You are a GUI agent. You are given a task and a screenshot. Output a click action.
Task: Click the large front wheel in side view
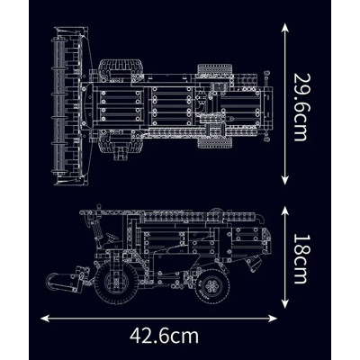click(115, 284)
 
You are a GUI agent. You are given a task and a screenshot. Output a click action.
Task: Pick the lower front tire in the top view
click(119, 139)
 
